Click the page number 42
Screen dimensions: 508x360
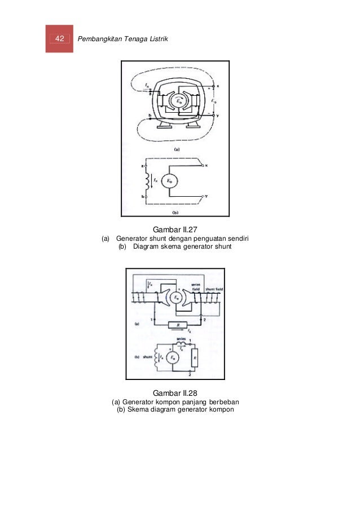(x=59, y=38)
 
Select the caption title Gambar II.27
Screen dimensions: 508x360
(x=176, y=230)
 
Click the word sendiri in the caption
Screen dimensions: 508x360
(x=238, y=239)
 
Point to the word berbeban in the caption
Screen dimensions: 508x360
(x=225, y=401)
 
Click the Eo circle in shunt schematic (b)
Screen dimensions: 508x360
(x=170, y=181)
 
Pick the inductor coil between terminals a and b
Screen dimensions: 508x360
(x=148, y=181)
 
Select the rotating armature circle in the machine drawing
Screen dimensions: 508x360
(x=177, y=101)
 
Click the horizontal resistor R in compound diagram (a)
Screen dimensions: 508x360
(x=178, y=325)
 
